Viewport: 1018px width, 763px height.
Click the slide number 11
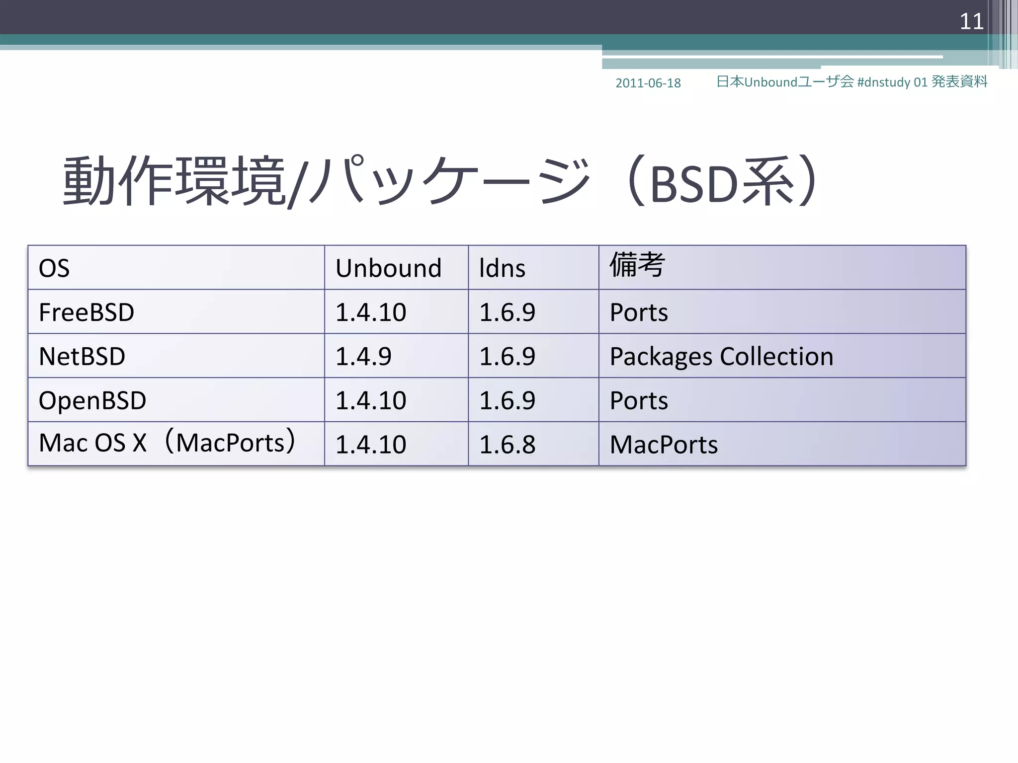[971, 21]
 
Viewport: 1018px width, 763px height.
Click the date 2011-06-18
[648, 83]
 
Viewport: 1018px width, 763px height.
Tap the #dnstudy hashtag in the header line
[884, 82]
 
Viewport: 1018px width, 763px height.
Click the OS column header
[54, 268]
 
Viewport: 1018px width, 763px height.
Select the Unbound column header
[388, 268]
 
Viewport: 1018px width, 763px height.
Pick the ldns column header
[502, 268]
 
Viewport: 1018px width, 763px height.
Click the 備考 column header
[637, 264]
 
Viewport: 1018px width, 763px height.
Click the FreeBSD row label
[86, 312]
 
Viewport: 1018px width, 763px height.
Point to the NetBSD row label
[82, 356]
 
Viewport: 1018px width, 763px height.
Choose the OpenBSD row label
[92, 400]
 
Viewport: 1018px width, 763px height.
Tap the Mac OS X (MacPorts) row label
[168, 442]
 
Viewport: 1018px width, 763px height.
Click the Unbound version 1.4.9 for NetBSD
[363, 356]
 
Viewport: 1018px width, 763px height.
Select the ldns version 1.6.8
[507, 444]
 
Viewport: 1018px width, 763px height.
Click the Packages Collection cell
[721, 356]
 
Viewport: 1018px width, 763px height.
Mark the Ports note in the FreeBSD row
[639, 312]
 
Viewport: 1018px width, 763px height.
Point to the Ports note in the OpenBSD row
[639, 400]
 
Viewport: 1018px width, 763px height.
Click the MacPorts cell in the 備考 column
[664, 444]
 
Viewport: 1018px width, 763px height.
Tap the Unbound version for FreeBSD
[371, 312]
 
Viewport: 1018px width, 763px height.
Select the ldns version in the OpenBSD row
[507, 400]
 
